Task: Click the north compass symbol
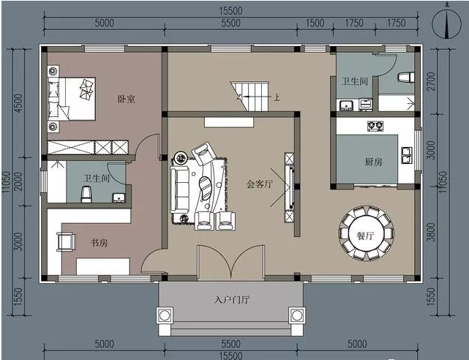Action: coord(446,24)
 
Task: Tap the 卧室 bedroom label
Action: coord(127,99)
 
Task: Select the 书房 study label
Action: coord(99,242)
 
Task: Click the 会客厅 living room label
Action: coord(260,184)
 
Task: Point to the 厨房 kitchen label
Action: coord(373,162)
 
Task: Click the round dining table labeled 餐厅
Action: coord(366,233)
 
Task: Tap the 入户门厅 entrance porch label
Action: coord(232,299)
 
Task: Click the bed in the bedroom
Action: coord(72,99)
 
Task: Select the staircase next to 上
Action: coord(249,96)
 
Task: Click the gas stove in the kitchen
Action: coord(375,125)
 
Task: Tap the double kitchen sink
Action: coord(407,155)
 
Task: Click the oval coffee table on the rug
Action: coord(205,188)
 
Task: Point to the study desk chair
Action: coord(66,241)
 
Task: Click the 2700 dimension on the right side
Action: coord(431,81)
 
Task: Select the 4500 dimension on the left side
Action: coord(18,103)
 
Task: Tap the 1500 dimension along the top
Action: coord(315,23)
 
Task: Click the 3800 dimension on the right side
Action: coord(431,232)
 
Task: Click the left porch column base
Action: coord(164,315)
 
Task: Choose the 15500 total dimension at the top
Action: coord(230,11)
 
